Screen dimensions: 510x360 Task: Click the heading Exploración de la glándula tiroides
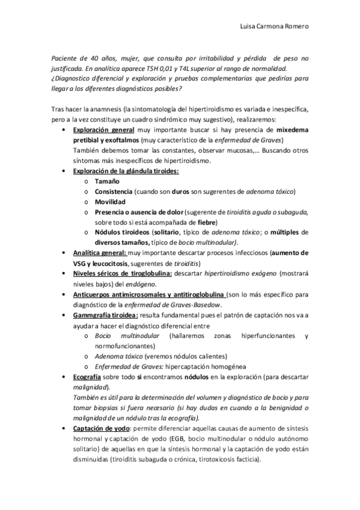pyautogui.click(x=126, y=171)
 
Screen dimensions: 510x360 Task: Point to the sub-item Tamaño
pyautogui.click(x=106, y=181)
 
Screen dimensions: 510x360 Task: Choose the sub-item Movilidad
pyautogui.click(x=110, y=202)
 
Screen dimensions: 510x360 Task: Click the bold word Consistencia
pyautogui.click(x=113, y=192)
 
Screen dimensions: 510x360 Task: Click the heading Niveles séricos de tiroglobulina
pyautogui.click(x=123, y=274)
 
